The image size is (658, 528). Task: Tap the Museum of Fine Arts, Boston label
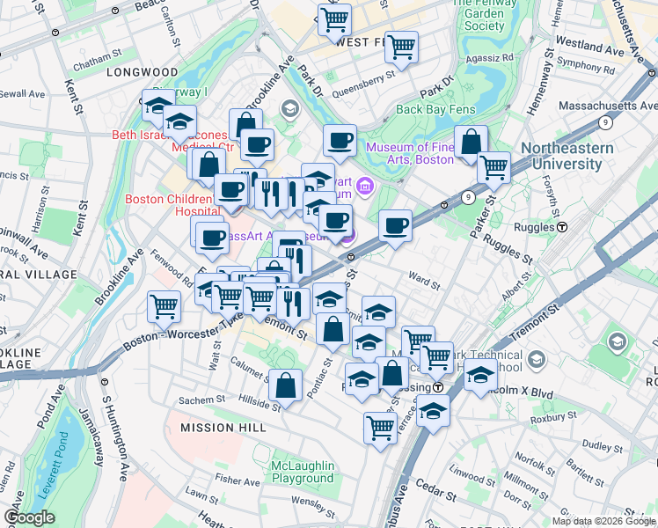[410, 153]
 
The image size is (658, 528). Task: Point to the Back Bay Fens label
[434, 109]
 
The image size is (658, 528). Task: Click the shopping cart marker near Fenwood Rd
[164, 306]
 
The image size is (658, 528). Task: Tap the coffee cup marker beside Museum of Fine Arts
[339, 139]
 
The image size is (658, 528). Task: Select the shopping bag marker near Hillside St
[286, 385]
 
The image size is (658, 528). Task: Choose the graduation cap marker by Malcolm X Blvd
[479, 375]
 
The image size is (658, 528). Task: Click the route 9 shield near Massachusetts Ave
[605, 122]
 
